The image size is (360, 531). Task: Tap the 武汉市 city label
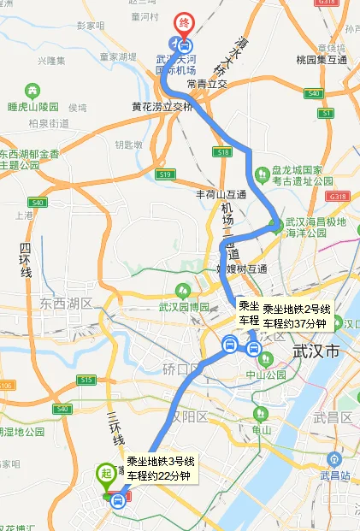point(316,351)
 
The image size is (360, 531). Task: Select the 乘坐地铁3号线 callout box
point(161,469)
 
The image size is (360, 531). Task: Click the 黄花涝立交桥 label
point(162,107)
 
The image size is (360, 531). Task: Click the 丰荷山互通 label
point(221,194)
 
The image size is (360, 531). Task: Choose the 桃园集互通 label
point(321,60)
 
